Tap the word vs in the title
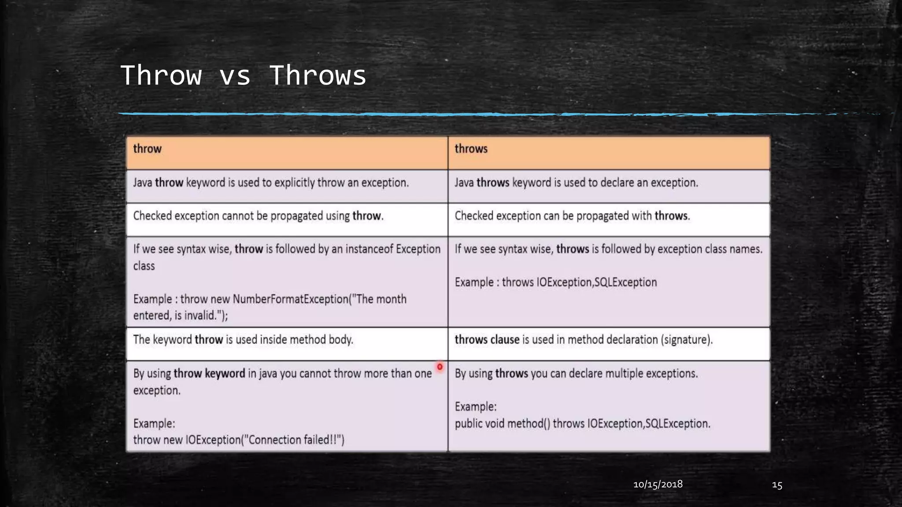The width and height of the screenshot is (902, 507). tap(235, 75)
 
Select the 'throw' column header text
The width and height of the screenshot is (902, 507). tap(147, 149)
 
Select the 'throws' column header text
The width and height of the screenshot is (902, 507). tap(471, 149)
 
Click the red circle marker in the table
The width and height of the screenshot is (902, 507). tap(440, 367)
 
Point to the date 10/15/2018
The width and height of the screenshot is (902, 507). tap(658, 485)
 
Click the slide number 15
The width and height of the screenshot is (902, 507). tap(777, 485)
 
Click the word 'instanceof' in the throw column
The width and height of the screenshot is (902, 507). tap(369, 249)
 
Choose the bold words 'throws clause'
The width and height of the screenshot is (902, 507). tap(487, 340)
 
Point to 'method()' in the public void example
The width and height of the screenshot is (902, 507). tap(529, 424)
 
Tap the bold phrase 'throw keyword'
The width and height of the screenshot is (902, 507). tap(209, 374)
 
